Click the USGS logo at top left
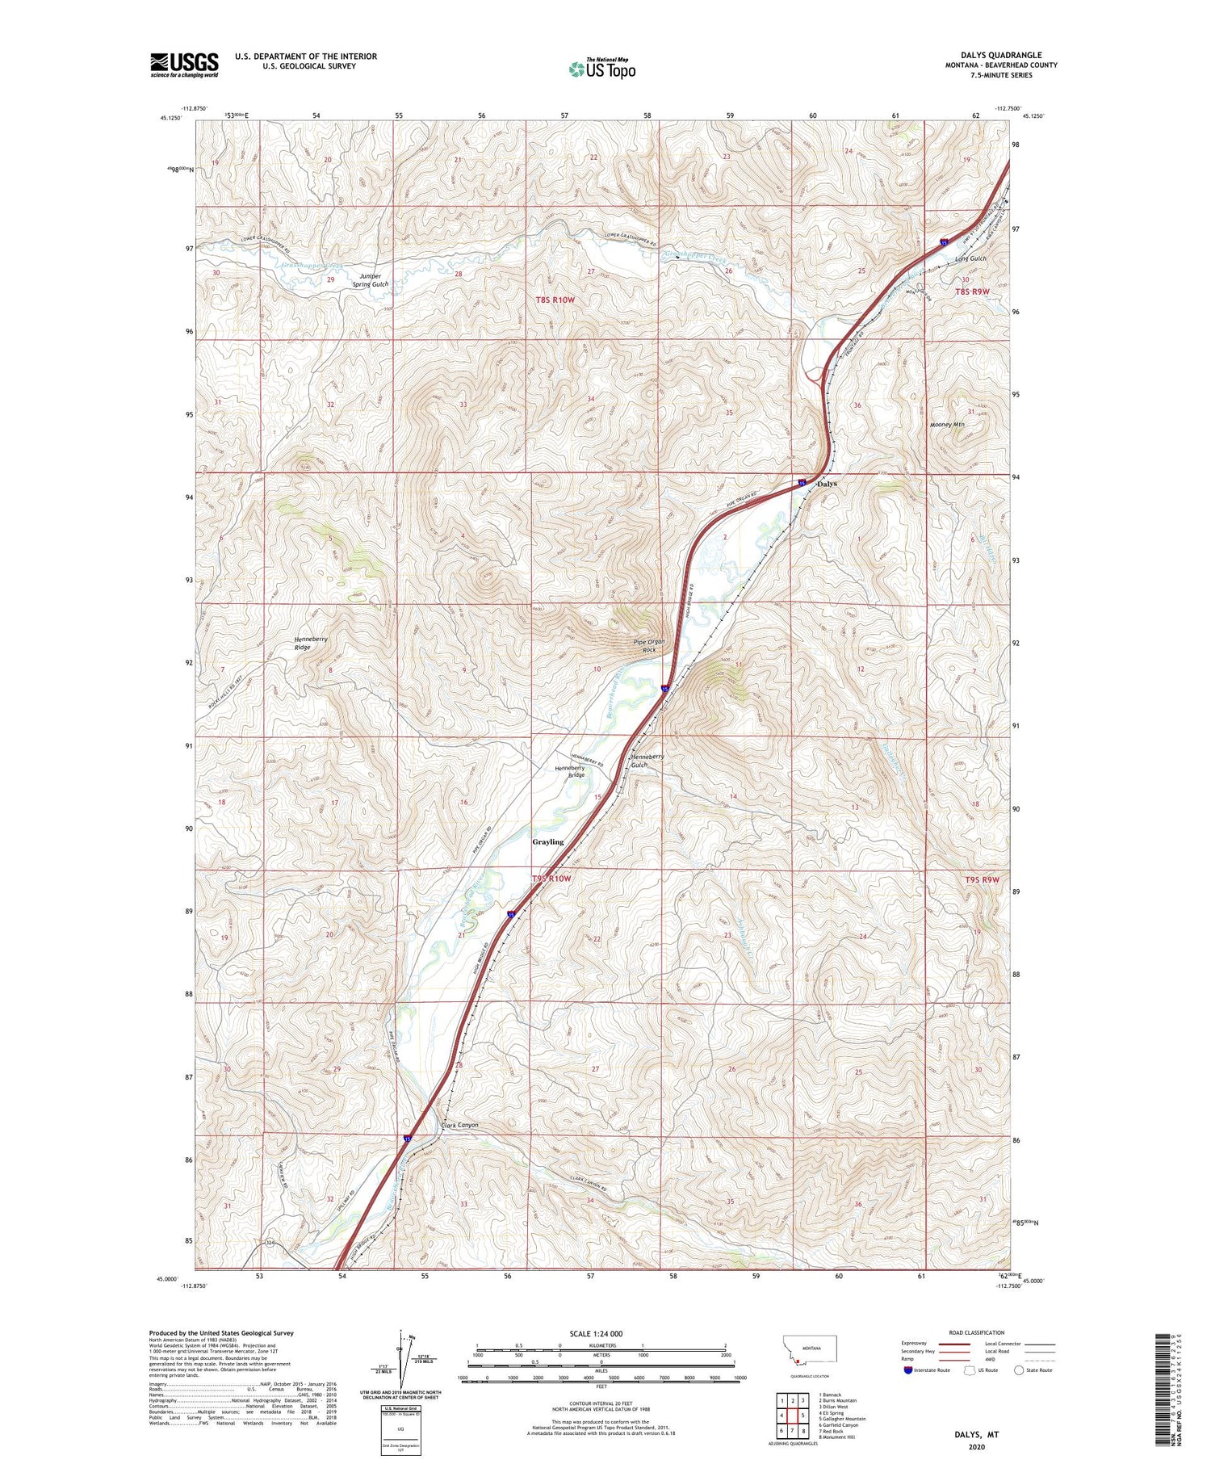click(x=184, y=65)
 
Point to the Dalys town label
click(x=827, y=484)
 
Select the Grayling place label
click(x=547, y=841)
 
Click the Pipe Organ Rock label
click(x=648, y=645)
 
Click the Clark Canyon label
click(x=459, y=1125)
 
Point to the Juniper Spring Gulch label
click(x=371, y=279)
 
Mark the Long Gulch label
click(x=970, y=258)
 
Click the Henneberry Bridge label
click(x=570, y=771)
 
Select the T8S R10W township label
click(x=555, y=300)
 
